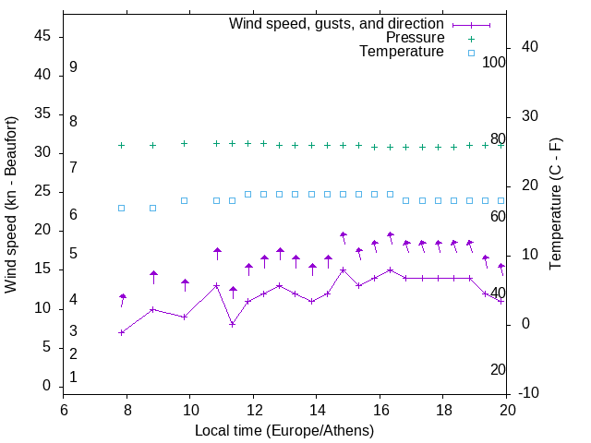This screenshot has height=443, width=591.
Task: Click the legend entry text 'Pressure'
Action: click(415, 38)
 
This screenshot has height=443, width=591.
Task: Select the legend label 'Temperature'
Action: click(402, 52)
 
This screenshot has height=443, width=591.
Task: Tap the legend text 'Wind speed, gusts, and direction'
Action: click(336, 24)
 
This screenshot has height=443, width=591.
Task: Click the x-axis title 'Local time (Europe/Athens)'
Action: click(284, 431)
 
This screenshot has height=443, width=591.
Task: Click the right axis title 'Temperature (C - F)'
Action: click(556, 205)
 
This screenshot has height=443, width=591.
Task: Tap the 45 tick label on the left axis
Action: click(42, 36)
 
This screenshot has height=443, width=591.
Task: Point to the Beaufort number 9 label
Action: click(73, 67)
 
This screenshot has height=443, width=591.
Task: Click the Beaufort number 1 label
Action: click(73, 377)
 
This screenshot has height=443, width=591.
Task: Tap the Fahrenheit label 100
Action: click(494, 62)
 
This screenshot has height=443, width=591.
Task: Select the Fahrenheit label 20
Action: click(498, 369)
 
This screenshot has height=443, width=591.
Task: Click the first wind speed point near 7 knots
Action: click(121, 332)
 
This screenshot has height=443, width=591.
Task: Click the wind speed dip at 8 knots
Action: click(232, 324)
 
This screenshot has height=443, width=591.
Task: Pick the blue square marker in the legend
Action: click(471, 53)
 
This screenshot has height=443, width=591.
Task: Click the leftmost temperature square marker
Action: click(121, 208)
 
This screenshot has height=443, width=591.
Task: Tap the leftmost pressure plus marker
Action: click(121, 145)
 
